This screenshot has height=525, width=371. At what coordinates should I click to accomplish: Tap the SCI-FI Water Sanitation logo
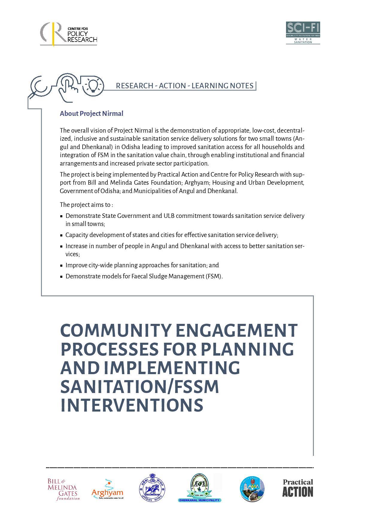pyautogui.click(x=303, y=33)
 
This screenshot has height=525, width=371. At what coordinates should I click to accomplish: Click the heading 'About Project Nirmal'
pyautogui.click(x=92, y=113)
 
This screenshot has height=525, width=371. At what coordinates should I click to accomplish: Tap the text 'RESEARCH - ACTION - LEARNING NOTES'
pyautogui.click(x=185, y=86)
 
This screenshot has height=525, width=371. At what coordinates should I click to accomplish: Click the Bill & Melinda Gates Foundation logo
pyautogui.click(x=63, y=489)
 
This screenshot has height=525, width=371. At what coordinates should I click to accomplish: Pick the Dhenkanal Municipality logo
pyautogui.click(x=200, y=488)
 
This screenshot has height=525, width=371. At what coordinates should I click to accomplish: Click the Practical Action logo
pyautogui.click(x=298, y=488)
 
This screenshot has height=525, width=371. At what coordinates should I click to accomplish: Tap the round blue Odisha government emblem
pyautogui.click(x=152, y=488)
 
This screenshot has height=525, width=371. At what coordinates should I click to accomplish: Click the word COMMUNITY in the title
pyautogui.click(x=115, y=330)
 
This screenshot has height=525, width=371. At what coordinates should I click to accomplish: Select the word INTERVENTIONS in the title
pyautogui.click(x=132, y=405)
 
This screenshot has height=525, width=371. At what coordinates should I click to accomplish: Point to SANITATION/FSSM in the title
pyautogui.click(x=139, y=386)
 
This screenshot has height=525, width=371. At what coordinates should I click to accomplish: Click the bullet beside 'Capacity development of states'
pyautogui.click(x=61, y=235)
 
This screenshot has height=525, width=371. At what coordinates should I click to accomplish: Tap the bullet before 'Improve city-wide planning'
pyautogui.click(x=61, y=265)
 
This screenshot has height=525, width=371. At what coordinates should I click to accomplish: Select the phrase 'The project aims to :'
pyautogui.click(x=86, y=205)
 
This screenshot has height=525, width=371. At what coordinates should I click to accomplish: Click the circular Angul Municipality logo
pyautogui.click(x=252, y=489)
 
